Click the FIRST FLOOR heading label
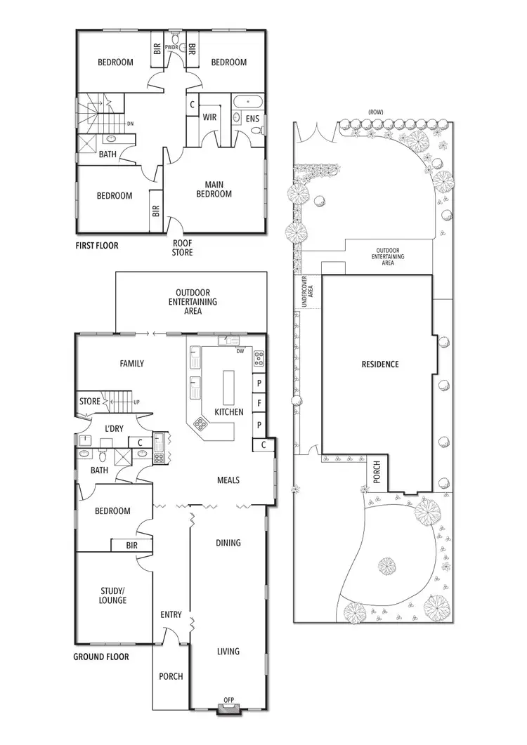click(97, 246)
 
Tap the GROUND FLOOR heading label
click(101, 657)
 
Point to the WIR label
click(209, 117)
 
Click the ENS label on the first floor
click(253, 120)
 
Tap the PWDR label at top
click(173, 48)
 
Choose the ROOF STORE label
click(182, 248)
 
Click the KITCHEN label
click(229, 412)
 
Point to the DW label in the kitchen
click(240, 351)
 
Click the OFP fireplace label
click(229, 700)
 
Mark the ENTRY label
click(171, 615)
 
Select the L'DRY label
click(114, 428)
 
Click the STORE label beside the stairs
click(90, 402)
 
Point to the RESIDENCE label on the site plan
click(380, 364)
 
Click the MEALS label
click(228, 480)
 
